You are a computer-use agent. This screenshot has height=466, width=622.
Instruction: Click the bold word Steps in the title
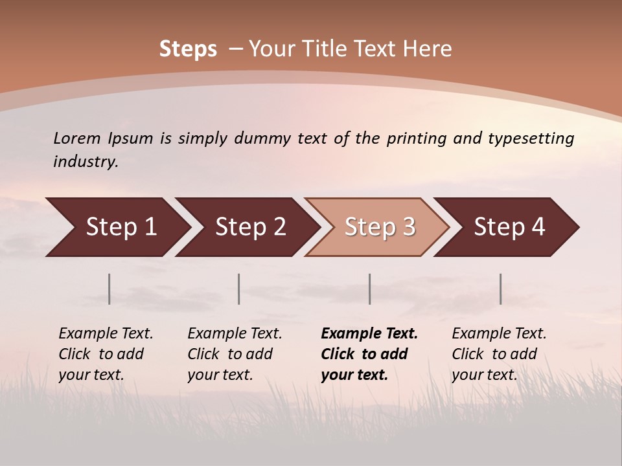(x=188, y=49)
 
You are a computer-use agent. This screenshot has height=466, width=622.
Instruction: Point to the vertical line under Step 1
(x=109, y=289)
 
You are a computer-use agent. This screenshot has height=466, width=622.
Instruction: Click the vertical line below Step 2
(x=239, y=289)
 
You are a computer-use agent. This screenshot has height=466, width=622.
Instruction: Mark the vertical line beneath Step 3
(x=370, y=289)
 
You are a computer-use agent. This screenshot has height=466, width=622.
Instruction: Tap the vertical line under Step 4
(x=500, y=289)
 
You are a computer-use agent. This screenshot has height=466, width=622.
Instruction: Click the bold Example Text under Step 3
(x=369, y=333)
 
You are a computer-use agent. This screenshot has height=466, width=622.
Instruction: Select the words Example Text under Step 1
(x=106, y=333)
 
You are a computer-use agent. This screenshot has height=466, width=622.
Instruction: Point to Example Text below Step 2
(x=235, y=333)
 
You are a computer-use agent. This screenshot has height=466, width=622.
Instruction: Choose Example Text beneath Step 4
(x=499, y=333)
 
